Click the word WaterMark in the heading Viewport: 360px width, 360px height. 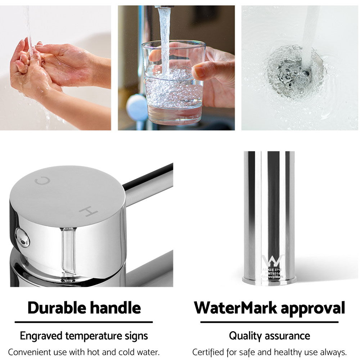235,308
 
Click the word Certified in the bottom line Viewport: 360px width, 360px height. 207,352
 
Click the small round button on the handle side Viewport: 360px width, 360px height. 22,238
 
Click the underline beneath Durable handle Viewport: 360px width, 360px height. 84,322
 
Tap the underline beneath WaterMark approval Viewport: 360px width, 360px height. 269,322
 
